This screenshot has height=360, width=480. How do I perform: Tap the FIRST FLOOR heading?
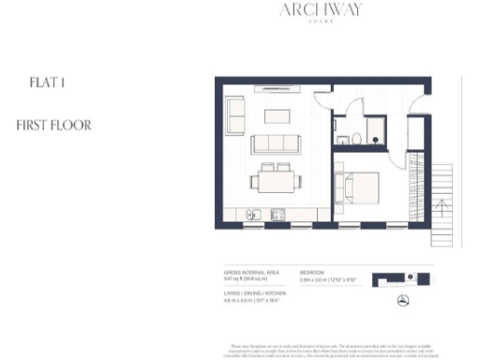54,125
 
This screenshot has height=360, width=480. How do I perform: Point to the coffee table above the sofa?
276,116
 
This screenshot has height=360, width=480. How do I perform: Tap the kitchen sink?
254,216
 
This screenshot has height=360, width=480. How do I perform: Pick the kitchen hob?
278,216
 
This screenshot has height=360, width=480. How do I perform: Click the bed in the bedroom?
360,187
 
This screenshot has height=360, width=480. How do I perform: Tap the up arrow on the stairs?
439,202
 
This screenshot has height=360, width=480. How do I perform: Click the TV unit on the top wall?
276,91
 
